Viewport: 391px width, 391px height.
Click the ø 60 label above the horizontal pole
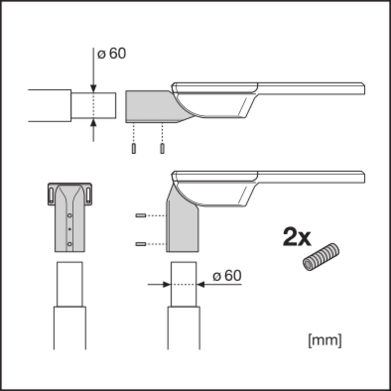[111, 53]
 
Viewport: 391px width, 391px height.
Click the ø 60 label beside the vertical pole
[227, 276]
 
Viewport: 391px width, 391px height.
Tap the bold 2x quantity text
[297, 237]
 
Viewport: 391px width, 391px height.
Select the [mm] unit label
[325, 341]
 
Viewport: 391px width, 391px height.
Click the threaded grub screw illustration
[321, 257]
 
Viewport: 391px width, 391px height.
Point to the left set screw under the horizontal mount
[134, 149]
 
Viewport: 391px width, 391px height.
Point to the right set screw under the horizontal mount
[162, 149]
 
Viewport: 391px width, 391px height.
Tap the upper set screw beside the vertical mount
[141, 215]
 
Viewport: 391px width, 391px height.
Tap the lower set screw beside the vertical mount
[141, 244]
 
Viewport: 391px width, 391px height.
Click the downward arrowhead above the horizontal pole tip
[93, 88]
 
